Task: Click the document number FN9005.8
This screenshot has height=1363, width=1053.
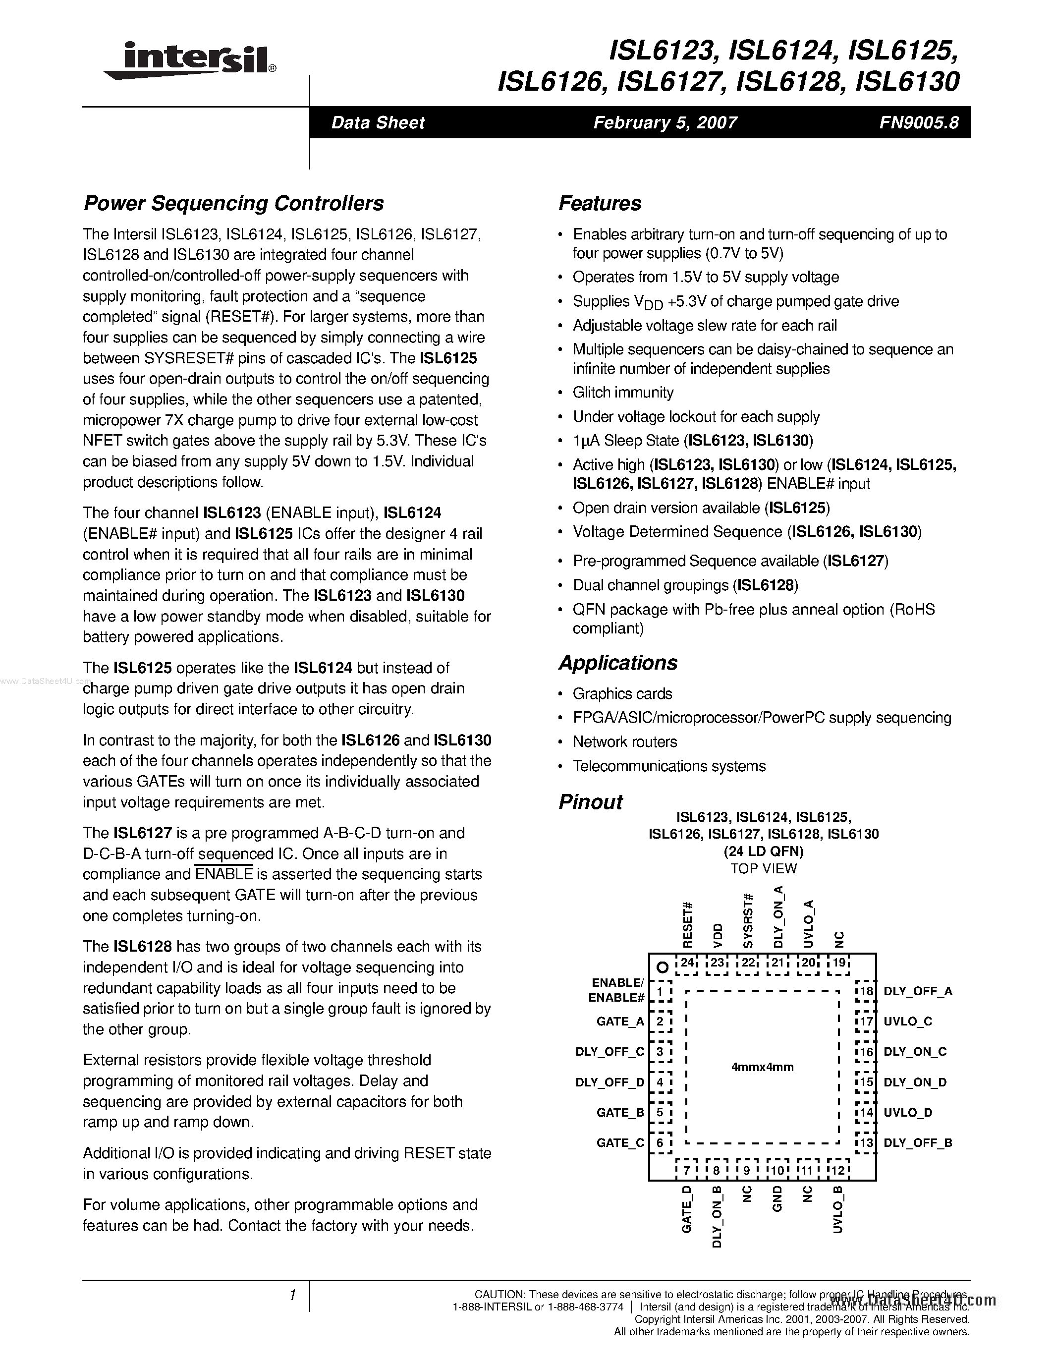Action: (x=918, y=122)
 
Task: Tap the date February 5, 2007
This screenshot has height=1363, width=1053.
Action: (x=665, y=122)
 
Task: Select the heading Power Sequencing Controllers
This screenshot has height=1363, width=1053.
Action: (x=233, y=203)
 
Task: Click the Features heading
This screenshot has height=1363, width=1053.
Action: (x=600, y=203)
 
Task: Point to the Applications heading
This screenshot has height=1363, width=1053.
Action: (x=617, y=663)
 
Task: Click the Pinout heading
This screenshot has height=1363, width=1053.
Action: (x=590, y=802)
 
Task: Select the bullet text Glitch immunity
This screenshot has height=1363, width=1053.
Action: (x=622, y=393)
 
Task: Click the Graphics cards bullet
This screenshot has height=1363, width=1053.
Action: (x=622, y=694)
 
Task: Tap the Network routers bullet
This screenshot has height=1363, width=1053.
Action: (x=624, y=742)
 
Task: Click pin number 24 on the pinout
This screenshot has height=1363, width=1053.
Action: (x=687, y=963)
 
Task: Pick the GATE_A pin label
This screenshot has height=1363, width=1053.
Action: (x=620, y=1022)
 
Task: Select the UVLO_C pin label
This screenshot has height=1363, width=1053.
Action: (x=908, y=1022)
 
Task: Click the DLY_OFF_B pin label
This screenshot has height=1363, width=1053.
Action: (x=918, y=1143)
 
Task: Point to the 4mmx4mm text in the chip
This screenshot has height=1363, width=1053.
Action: (x=762, y=1067)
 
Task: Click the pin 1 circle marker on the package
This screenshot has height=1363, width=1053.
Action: (x=663, y=968)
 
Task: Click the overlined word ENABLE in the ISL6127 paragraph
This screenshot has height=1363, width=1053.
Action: (x=224, y=874)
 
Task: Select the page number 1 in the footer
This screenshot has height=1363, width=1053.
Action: (x=292, y=1296)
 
